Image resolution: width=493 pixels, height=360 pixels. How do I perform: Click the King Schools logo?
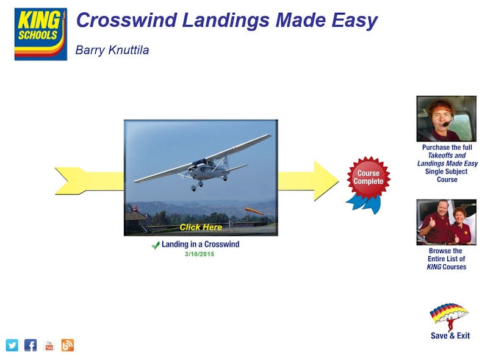tap(40, 34)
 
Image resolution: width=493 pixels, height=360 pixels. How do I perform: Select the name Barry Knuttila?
tap(112, 50)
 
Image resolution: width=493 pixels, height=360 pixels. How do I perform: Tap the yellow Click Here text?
tap(200, 227)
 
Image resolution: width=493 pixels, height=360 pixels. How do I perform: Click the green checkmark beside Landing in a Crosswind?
tap(156, 245)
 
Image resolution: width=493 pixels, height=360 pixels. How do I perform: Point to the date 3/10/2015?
tap(200, 254)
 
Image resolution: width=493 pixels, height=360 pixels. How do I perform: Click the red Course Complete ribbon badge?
tap(369, 178)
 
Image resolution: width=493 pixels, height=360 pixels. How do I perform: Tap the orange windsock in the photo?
tap(254, 211)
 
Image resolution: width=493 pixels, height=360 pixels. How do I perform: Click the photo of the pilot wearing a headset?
tap(446, 118)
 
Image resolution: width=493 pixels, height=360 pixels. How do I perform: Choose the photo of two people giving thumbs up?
tap(446, 222)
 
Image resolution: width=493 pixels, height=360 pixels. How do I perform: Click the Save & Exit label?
tap(450, 336)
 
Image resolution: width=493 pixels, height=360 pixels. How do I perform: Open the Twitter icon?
tap(12, 345)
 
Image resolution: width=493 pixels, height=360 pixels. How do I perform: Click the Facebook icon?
tap(31, 345)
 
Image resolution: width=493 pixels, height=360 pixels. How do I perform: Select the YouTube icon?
tap(49, 345)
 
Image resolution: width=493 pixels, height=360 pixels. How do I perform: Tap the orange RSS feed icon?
tap(67, 345)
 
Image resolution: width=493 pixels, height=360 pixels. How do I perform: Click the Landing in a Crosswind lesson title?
tap(200, 245)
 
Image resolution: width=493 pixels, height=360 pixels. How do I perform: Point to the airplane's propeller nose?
tap(199, 164)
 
